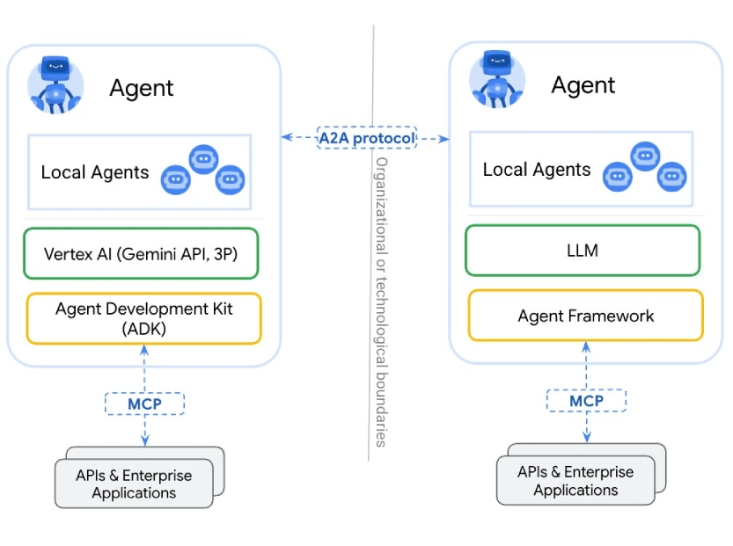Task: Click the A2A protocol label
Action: tap(366, 138)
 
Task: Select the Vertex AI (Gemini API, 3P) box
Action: tap(141, 254)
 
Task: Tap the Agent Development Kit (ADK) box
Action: tap(144, 318)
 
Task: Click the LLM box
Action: tap(583, 251)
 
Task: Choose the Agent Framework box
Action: tap(585, 316)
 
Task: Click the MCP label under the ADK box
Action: tap(145, 404)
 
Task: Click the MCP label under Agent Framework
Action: tap(586, 401)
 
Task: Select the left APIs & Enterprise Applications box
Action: tap(134, 484)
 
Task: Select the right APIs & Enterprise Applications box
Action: tap(575, 481)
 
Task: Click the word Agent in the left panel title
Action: tap(142, 88)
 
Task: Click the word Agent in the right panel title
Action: tap(583, 85)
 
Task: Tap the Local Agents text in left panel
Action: tap(95, 172)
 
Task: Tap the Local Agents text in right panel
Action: tap(537, 170)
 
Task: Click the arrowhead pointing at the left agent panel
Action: tap(286, 138)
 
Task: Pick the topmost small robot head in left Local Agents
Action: tap(204, 159)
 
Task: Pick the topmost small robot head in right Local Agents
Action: tap(645, 157)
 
